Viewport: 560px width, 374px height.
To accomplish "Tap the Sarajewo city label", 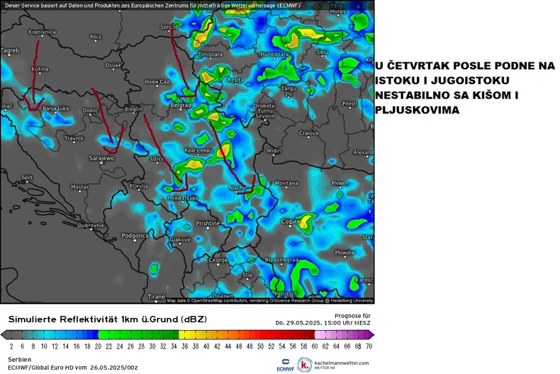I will click(x=101, y=158).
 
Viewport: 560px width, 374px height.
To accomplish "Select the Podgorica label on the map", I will click(x=135, y=235).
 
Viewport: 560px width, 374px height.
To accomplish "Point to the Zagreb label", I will click(x=10, y=50).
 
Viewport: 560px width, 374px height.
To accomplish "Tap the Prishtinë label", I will click(x=208, y=223).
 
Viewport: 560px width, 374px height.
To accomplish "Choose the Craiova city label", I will click(x=308, y=132).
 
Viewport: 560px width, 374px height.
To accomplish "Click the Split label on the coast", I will click(x=27, y=178).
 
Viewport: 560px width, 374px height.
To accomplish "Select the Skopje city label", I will click(x=218, y=260).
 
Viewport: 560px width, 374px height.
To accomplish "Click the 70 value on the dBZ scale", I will click(x=369, y=346).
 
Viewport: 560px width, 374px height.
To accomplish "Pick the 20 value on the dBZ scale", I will click(x=98, y=346).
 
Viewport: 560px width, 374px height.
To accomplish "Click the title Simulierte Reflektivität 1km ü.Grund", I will click(x=107, y=319).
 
